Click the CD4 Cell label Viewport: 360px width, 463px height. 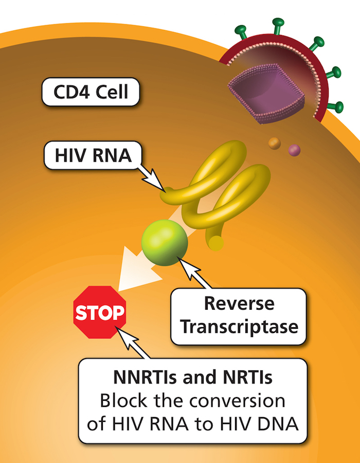coord(91,93)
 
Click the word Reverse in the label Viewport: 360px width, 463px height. coord(239,304)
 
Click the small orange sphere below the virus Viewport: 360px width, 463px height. coord(275,144)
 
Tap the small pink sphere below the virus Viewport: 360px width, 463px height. coord(294,150)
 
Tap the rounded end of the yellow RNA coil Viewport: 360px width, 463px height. coord(217,242)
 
